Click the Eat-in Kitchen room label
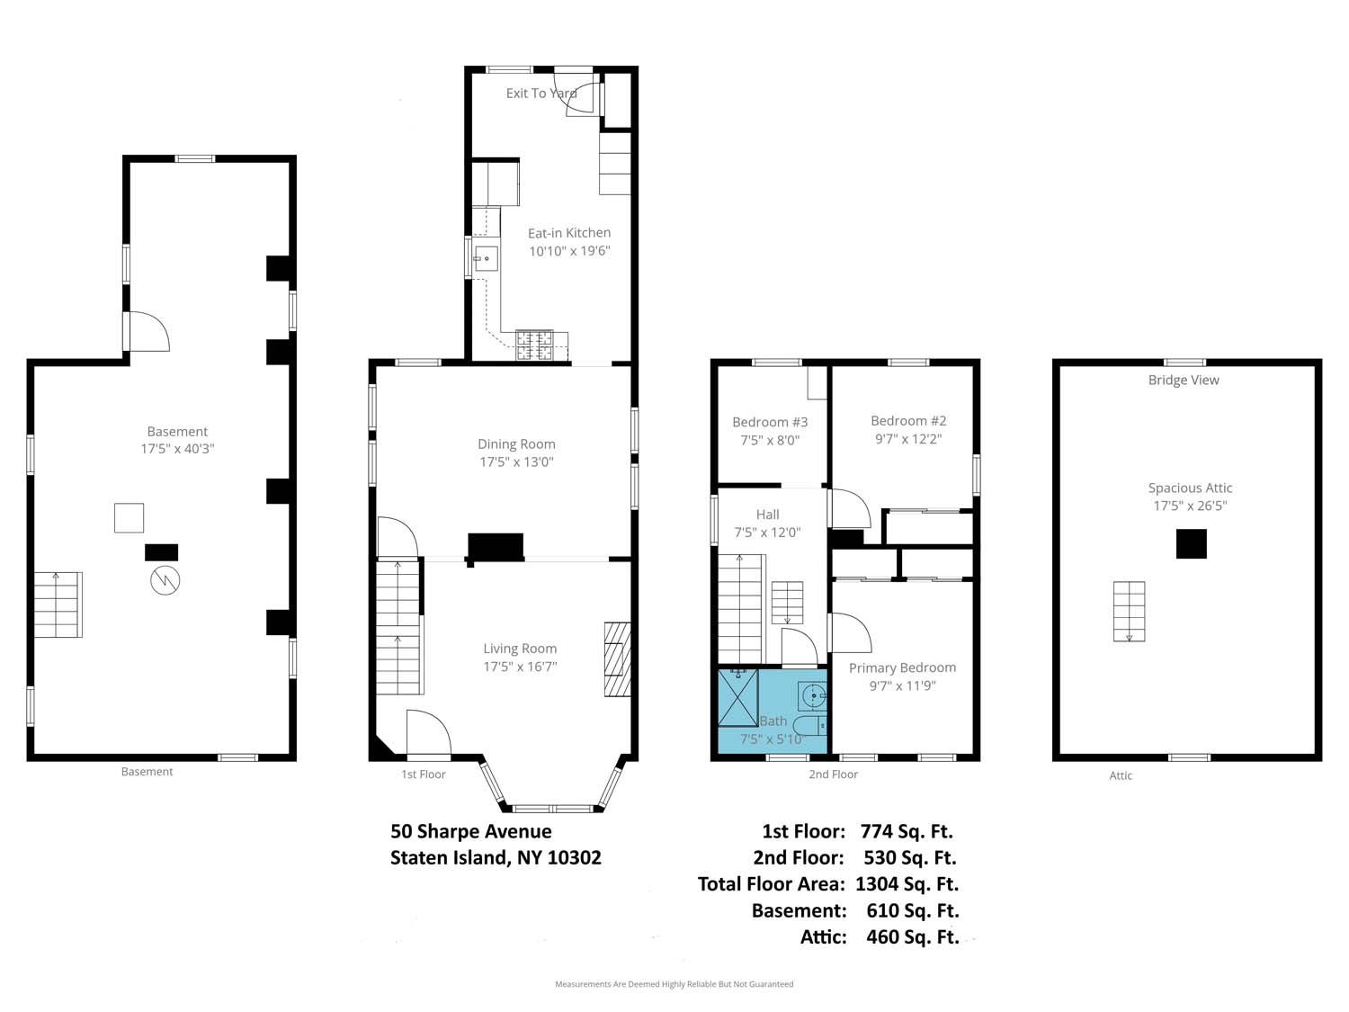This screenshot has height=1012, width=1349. click(568, 233)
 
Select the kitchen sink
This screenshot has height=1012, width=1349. click(486, 259)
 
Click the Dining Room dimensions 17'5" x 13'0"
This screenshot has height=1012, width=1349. click(516, 462)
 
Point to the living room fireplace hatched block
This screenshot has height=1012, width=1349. click(616, 659)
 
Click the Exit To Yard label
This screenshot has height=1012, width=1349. click(540, 93)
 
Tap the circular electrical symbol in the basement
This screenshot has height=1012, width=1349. click(165, 580)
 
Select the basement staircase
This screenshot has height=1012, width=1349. click(58, 605)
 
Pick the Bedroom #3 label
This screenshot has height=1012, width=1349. click(770, 422)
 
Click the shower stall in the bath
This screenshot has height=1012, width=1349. click(737, 697)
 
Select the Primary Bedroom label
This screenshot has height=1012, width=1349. click(902, 667)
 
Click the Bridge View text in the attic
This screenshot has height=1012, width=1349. click(1183, 381)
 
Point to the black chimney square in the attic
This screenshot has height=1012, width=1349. click(1191, 543)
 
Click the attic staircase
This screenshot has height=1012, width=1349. click(1129, 611)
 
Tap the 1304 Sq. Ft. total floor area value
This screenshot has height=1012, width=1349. click(907, 884)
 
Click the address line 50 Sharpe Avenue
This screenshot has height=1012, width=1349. click(471, 832)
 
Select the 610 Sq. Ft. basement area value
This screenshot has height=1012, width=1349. click(912, 910)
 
